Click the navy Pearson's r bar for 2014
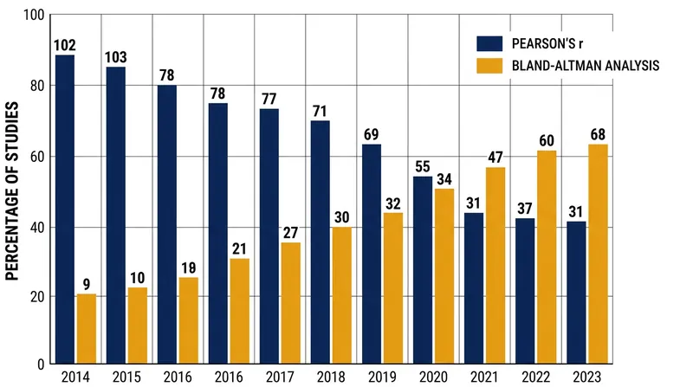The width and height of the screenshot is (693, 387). tap(65, 210)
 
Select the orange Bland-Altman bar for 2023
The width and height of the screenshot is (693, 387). tap(598, 254)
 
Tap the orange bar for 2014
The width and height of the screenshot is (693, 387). tap(87, 329)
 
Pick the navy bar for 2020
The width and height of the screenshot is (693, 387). tap(423, 270)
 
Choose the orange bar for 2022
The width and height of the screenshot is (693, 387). tap(547, 257)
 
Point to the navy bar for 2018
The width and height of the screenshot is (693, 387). tap(321, 242)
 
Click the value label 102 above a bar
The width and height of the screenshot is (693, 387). tap(65, 45)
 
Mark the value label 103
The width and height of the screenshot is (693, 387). tap(116, 57)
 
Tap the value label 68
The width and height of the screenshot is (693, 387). tap(598, 134)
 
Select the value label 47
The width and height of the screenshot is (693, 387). tap(495, 158)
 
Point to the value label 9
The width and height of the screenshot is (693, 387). tap(87, 284)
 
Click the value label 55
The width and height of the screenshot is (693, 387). tap(423, 166)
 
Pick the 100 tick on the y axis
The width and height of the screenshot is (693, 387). tap(34, 16)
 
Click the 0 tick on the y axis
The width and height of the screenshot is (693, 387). tap(41, 364)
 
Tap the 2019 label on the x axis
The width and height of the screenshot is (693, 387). tap(382, 377)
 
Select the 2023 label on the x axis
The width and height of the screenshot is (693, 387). tap(587, 377)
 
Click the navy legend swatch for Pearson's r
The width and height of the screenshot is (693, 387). tap(489, 44)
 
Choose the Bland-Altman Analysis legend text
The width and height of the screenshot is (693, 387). tap(586, 66)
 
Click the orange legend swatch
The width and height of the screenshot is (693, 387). tap(489, 66)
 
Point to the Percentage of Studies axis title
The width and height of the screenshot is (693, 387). tap(12, 190)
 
